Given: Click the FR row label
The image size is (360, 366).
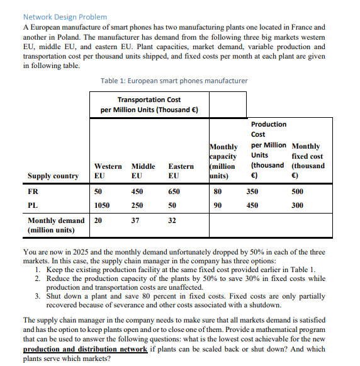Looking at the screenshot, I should (x=33, y=191).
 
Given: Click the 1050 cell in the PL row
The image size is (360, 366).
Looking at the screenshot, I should (x=101, y=205).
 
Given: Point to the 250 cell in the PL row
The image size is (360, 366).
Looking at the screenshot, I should (x=137, y=205).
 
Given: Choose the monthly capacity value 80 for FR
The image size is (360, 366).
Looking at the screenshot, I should (x=218, y=191).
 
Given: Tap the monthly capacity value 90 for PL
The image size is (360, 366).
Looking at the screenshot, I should (x=218, y=205).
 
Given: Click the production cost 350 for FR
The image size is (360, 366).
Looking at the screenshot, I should (x=252, y=191).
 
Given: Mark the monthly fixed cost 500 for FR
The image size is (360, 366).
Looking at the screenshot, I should (x=299, y=191).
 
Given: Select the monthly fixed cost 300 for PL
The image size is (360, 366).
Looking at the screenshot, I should (x=299, y=205).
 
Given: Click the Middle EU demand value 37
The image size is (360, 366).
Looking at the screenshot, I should (x=135, y=220).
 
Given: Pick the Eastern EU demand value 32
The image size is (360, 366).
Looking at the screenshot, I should (x=173, y=220).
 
